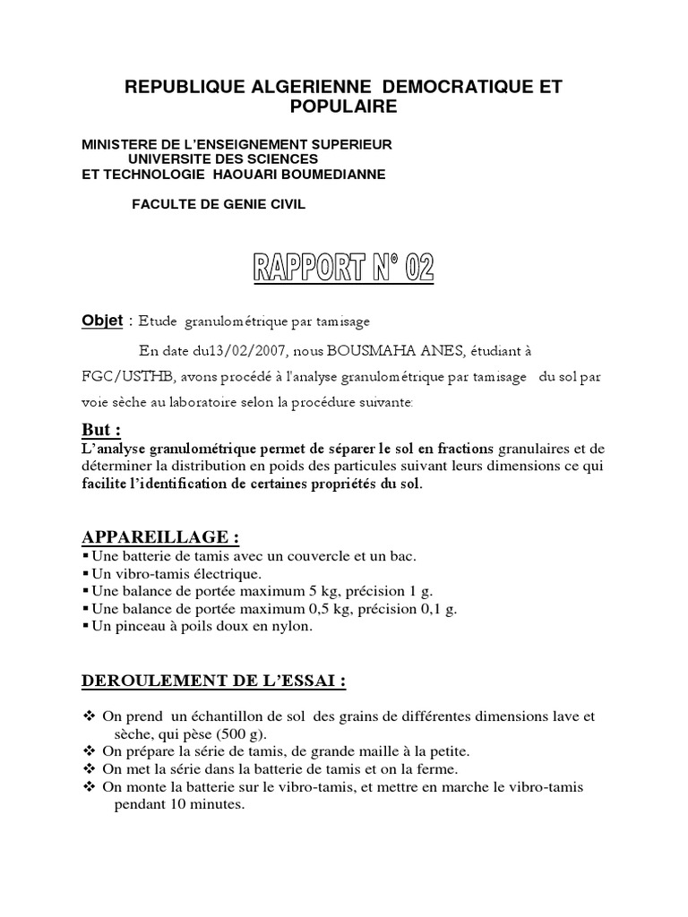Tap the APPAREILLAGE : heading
tap(160, 537)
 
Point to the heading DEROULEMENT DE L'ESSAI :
tap(213, 681)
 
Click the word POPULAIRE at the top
tap(344, 107)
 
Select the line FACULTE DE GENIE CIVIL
tap(219, 204)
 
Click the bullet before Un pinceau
tap(86, 627)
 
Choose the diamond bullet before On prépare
tap(87, 751)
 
